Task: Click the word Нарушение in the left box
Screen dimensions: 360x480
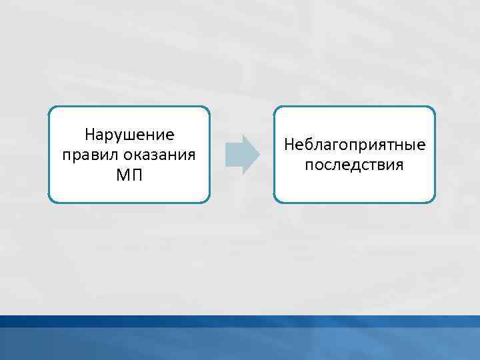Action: point(129,135)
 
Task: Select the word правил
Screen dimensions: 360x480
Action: point(84,155)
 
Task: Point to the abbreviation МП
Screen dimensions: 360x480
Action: point(129,176)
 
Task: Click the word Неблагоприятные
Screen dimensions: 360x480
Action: point(354,144)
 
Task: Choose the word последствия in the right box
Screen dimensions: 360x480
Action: point(354,165)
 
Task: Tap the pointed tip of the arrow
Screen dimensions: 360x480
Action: point(259,155)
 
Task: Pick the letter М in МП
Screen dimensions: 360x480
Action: point(123,176)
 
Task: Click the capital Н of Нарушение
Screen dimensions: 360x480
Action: point(90,135)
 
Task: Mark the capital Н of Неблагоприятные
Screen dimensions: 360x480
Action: point(289,144)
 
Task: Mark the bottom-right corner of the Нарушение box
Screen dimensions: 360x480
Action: point(209,201)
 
